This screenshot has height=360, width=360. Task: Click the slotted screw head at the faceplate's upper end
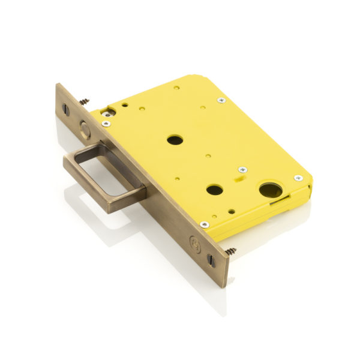(65, 110)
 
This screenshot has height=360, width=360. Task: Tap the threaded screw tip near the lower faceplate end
(230, 251)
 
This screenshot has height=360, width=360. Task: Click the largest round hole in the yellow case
(270, 190)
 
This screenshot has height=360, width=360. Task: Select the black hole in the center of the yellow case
(175, 140)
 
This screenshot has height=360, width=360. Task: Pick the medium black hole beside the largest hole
(215, 190)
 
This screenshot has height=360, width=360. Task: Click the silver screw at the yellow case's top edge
(221, 100)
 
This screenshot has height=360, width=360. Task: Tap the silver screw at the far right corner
(298, 178)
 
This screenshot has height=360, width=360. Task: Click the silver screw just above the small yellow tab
(242, 170)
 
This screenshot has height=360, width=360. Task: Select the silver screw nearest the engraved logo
(205, 224)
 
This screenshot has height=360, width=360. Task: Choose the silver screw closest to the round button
(106, 124)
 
